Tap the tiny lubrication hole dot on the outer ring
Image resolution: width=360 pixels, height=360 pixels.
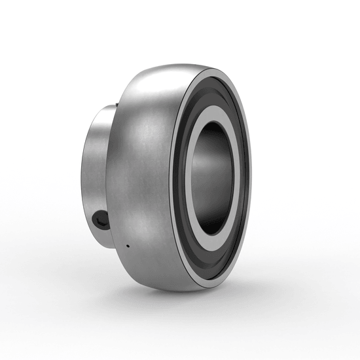coord(127,247)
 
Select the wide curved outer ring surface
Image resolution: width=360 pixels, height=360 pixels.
coord(141,177)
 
